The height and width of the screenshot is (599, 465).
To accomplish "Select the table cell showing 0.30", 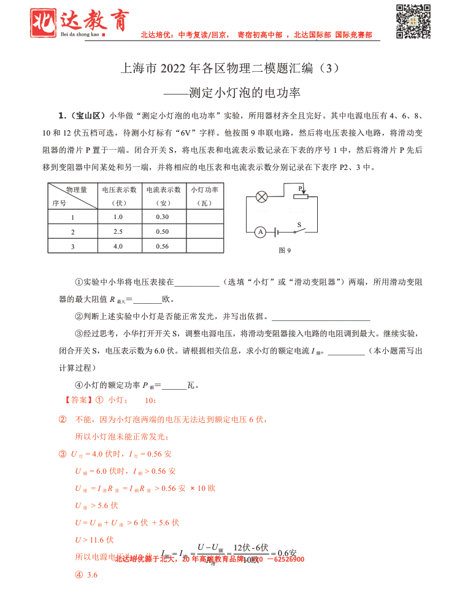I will (x=163, y=217).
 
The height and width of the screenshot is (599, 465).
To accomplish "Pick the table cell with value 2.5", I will (x=118, y=231).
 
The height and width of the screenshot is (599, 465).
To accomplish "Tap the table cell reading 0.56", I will (x=163, y=246).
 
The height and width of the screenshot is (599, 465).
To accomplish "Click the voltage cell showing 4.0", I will (x=118, y=246).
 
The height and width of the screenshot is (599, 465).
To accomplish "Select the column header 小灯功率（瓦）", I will (x=205, y=196).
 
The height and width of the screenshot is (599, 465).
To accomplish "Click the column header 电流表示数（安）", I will (x=163, y=196).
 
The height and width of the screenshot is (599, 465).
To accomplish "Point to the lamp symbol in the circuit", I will (x=261, y=197).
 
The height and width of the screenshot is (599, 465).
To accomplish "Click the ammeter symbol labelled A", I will (x=260, y=232).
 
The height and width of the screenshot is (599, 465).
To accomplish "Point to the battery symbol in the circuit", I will (x=277, y=232).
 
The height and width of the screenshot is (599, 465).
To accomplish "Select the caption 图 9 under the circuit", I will (x=285, y=250).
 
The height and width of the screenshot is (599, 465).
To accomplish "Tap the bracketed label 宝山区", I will (x=90, y=115).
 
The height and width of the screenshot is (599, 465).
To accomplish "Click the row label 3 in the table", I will (x=72, y=247).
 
